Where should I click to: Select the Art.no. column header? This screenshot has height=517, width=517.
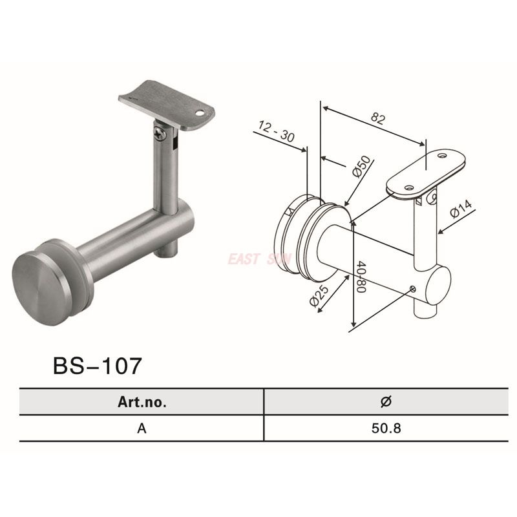[x=142, y=401]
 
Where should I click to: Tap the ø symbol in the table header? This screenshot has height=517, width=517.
[x=386, y=401]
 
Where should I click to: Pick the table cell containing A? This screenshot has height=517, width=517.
[x=142, y=427]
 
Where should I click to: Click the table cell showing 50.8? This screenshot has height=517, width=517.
[x=386, y=427]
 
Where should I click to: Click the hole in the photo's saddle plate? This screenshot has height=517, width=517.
[x=205, y=112]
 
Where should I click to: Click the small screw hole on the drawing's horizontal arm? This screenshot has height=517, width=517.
[x=412, y=289]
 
